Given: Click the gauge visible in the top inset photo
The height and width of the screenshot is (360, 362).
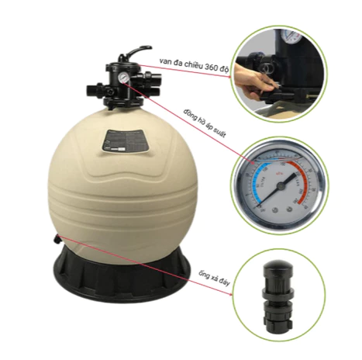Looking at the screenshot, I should tap(291, 38).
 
